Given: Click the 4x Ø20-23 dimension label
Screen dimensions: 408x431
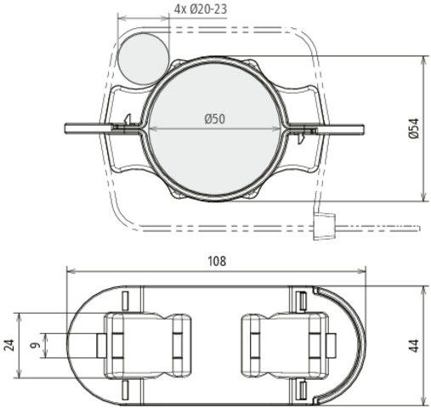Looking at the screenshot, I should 201,9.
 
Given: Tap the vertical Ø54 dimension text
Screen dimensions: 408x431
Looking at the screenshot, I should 414,128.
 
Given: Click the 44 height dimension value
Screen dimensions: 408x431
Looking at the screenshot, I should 414,345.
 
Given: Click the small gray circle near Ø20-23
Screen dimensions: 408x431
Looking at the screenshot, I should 145,55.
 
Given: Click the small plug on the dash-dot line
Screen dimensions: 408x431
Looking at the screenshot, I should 321,229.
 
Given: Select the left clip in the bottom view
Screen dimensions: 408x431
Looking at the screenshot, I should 138,345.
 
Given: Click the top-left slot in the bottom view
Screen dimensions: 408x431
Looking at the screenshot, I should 125,301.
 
